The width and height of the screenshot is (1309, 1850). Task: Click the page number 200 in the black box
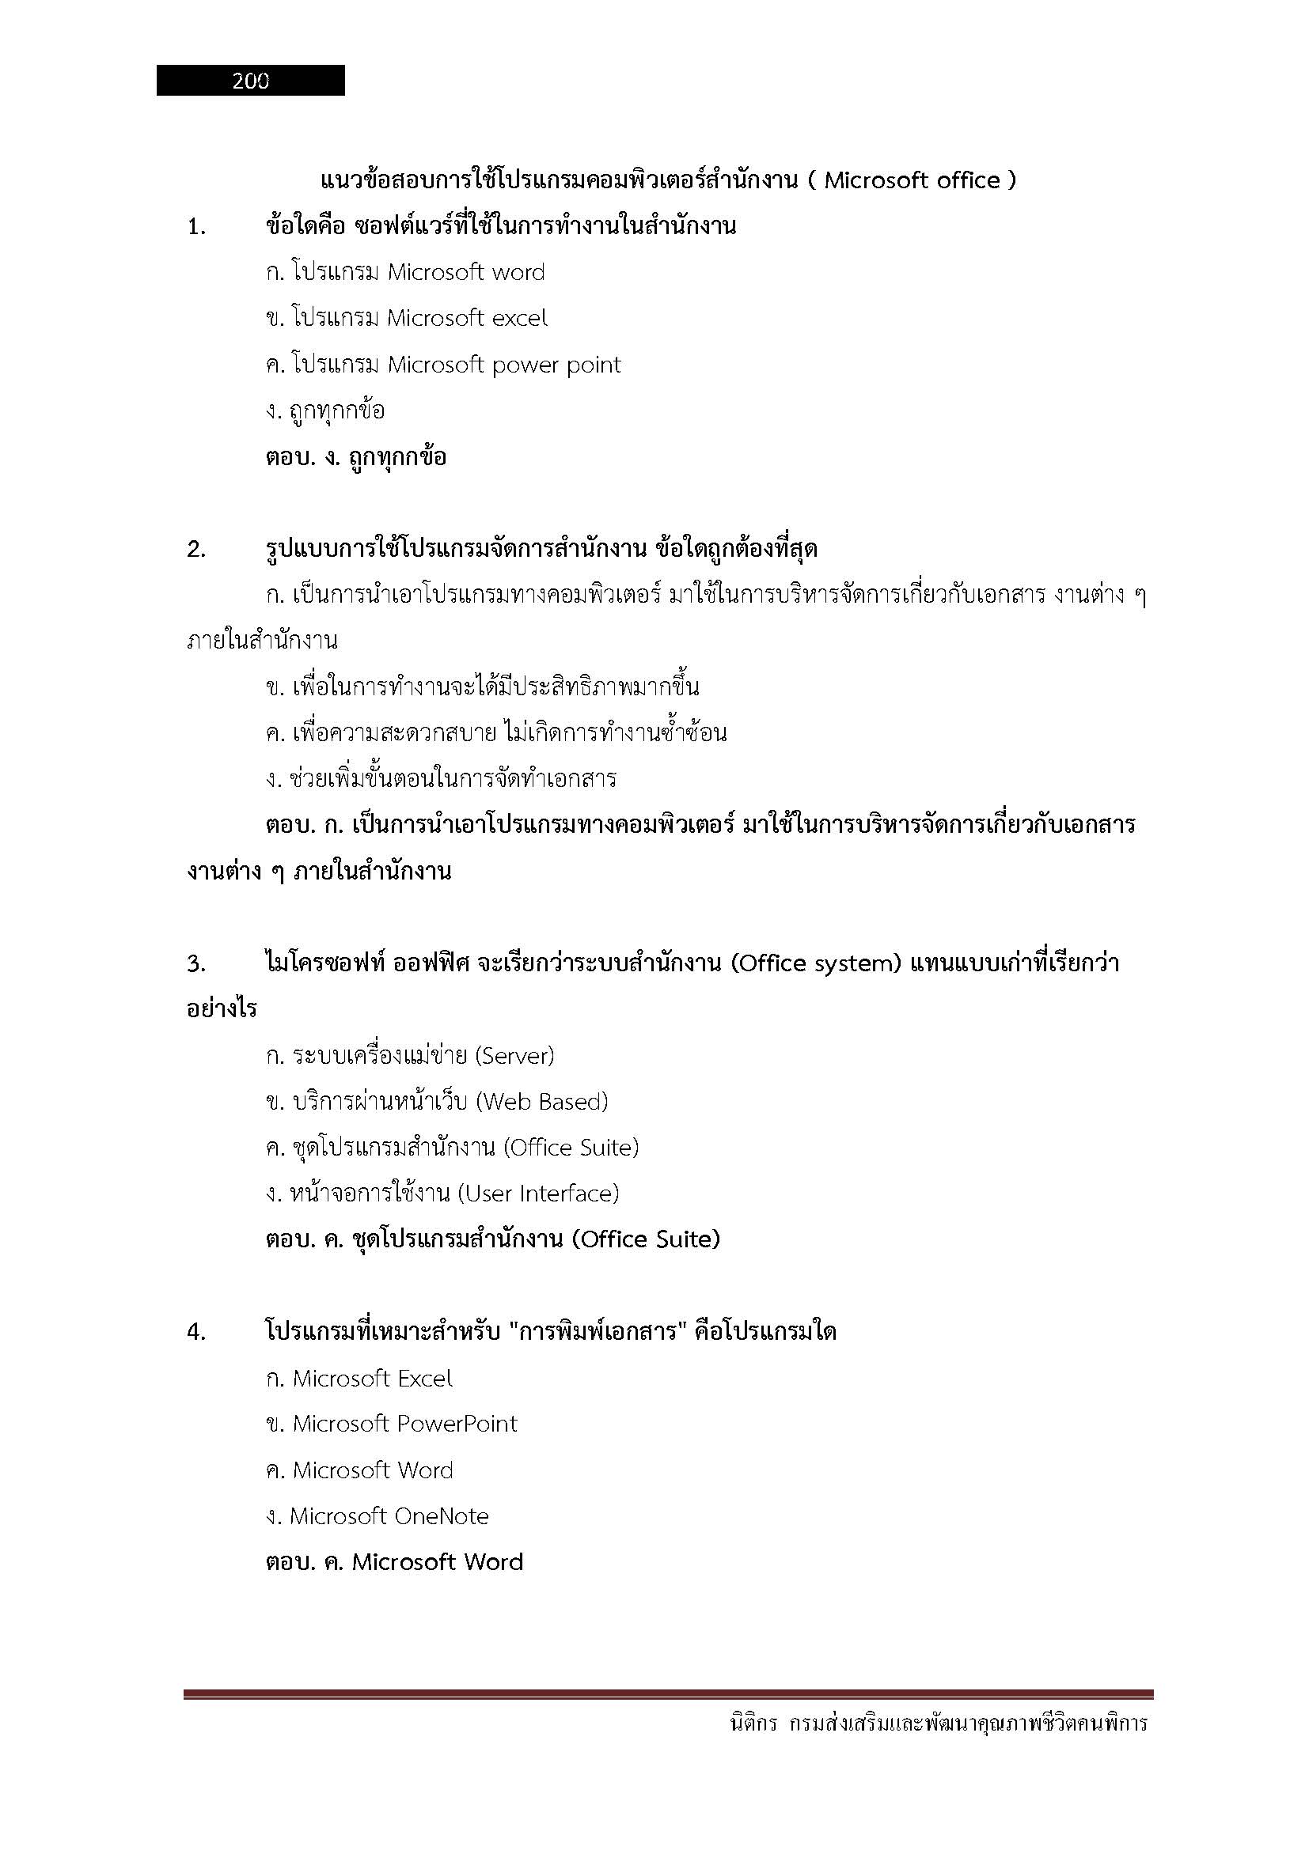251,81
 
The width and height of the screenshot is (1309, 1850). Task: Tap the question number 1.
195,228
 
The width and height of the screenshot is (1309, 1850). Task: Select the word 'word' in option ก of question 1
518,272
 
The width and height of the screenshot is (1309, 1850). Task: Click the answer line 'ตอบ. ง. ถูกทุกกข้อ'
355,458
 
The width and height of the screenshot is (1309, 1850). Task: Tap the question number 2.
195,550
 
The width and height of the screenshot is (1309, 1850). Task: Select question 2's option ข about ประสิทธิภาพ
482,687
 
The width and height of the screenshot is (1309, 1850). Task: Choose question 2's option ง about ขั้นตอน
441,779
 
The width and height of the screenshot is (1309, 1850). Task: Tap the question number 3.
195,964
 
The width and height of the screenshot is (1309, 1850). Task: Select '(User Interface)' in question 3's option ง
537,1194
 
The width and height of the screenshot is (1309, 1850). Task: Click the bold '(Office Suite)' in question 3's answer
645,1239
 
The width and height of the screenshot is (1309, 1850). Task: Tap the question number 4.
195,1333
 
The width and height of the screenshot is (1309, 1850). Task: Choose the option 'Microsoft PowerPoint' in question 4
404,1424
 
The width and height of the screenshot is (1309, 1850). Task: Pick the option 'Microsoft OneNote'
389,1516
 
